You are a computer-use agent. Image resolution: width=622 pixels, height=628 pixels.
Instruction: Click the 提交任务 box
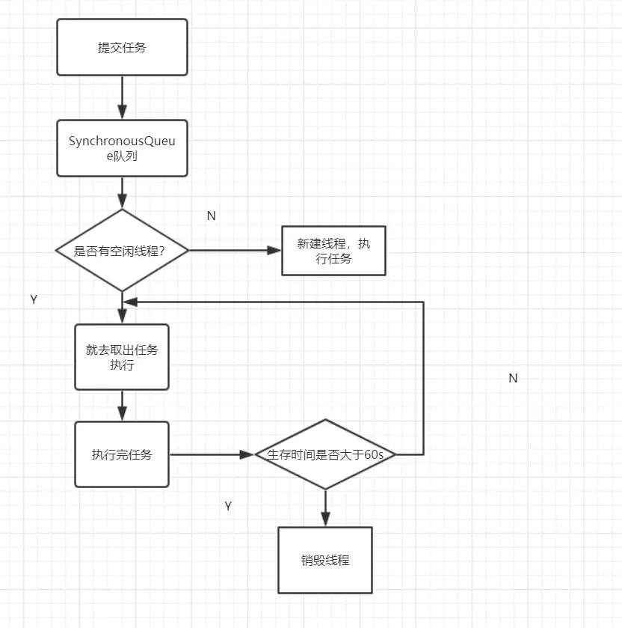[x=122, y=47]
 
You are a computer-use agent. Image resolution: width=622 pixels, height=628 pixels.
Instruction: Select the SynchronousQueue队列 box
[x=122, y=148]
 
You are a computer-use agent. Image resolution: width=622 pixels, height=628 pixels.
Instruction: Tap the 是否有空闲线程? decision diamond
[x=121, y=251]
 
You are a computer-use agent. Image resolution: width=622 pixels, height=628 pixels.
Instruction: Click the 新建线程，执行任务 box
[x=333, y=251]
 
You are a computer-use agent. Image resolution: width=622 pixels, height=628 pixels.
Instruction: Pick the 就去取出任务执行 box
[x=122, y=357]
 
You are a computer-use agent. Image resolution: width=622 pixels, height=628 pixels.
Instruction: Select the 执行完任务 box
[x=122, y=454]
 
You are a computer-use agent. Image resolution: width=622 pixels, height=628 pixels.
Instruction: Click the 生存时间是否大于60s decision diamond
[x=325, y=454]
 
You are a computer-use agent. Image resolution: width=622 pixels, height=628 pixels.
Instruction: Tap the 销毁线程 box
[x=325, y=560]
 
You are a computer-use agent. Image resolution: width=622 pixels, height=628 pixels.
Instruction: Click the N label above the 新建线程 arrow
[x=211, y=216]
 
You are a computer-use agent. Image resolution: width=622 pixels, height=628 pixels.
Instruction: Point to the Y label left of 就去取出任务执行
[x=34, y=299]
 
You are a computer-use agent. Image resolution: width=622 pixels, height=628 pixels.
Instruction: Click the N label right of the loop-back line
[x=513, y=378]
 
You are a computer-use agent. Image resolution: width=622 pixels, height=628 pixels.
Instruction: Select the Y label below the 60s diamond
[x=228, y=506]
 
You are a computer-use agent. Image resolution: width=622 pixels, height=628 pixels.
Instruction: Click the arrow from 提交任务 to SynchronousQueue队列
[x=122, y=97]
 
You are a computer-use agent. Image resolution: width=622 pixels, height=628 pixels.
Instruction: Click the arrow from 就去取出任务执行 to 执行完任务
[x=122, y=406]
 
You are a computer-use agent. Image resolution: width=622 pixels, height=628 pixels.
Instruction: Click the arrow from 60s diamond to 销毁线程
[x=325, y=508]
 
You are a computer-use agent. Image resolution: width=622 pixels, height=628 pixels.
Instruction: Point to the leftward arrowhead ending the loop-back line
[x=130, y=302]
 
